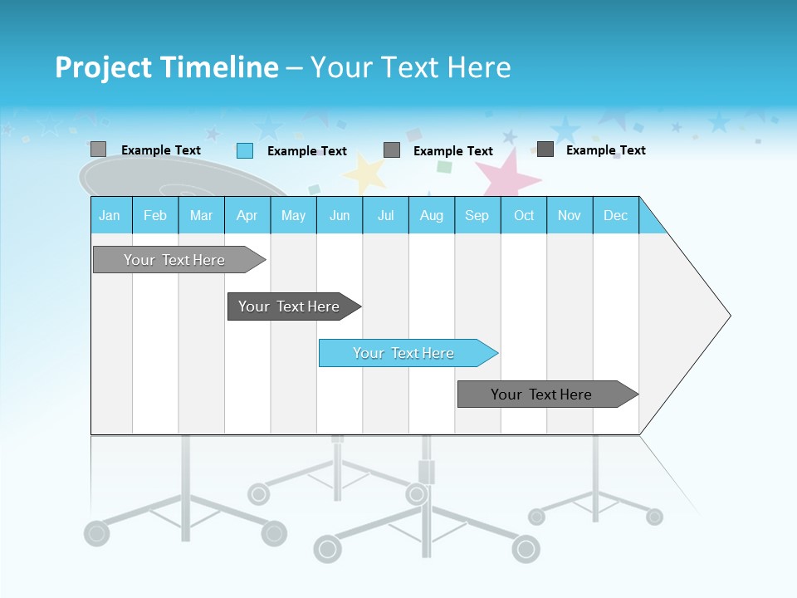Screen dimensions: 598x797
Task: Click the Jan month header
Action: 110,215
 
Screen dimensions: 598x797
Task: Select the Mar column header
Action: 201,215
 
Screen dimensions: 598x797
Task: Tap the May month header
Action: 293,215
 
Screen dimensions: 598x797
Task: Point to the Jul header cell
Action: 385,215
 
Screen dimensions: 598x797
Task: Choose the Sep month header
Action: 477,215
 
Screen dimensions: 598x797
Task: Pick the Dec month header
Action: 615,215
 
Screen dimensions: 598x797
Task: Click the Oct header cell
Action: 524,215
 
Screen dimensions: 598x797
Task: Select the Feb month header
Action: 155,215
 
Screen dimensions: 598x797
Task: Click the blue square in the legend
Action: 245,150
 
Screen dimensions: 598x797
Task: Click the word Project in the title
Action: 104,67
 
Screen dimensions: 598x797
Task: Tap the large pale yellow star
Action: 365,173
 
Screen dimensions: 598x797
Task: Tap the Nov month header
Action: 570,215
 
